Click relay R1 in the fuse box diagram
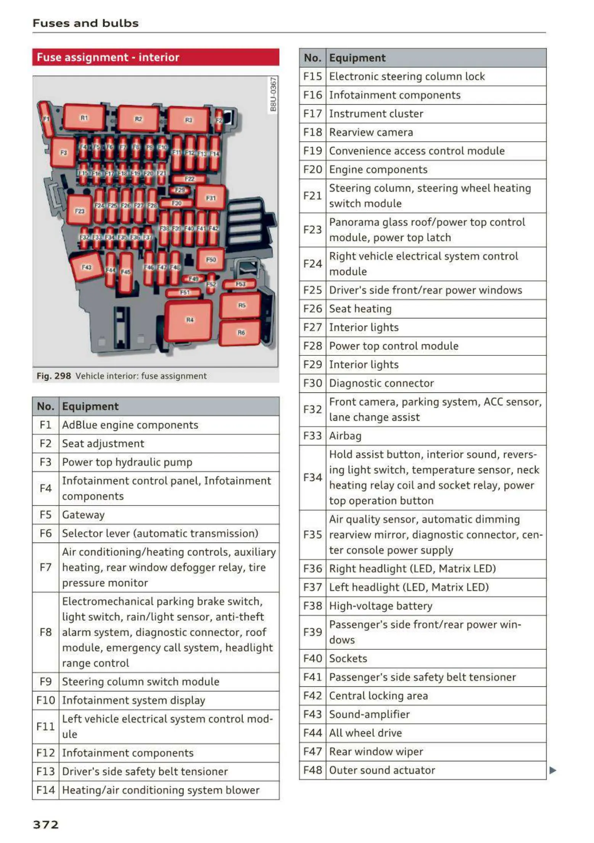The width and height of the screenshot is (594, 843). pos(84,118)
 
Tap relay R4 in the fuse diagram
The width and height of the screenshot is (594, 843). pos(189,320)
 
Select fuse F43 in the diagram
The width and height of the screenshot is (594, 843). pos(87,267)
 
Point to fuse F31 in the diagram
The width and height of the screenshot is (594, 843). pos(211,198)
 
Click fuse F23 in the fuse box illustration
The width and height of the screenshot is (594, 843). pos(79,210)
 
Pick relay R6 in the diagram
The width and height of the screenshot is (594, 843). pos(241,333)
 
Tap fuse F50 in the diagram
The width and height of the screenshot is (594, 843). pos(211,260)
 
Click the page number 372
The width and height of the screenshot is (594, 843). pos(46,824)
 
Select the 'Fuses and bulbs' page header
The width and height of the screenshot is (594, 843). pos(85,23)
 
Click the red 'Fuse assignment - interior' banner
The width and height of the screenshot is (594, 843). pos(156,57)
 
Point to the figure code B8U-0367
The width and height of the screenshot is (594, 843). pos(273,94)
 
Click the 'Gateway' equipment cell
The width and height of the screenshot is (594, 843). pos(83,515)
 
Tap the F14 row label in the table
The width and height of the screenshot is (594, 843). pos(45,790)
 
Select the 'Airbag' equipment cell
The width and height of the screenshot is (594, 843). pos(345,436)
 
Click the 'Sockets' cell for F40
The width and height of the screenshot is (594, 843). pos(348,658)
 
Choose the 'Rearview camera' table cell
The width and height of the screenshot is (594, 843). pos(371,132)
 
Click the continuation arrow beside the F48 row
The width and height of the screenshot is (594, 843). pos(552,770)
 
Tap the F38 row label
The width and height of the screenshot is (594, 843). pos(312,606)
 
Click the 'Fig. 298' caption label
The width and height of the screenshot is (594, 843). pos(54,376)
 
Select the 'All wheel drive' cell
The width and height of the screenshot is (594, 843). pos(365,733)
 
